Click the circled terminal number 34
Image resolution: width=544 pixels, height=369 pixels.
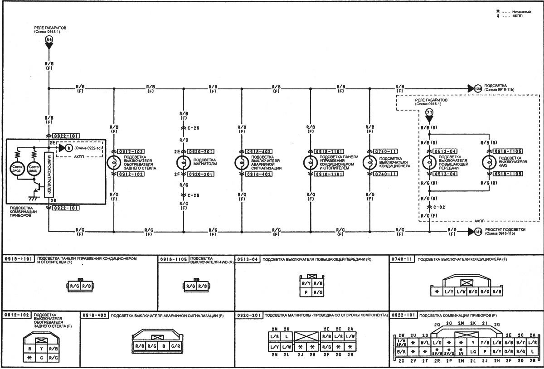click(48, 40)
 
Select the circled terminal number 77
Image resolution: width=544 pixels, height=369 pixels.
click(429, 112)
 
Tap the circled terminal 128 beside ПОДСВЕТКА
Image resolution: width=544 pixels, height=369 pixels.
click(477, 88)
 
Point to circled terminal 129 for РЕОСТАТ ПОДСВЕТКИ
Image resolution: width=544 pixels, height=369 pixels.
click(477, 232)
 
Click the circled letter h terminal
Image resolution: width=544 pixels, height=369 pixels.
click(68, 148)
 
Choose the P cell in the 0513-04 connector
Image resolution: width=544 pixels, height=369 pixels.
click(306, 292)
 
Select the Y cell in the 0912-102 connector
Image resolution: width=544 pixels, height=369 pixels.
click(42, 349)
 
